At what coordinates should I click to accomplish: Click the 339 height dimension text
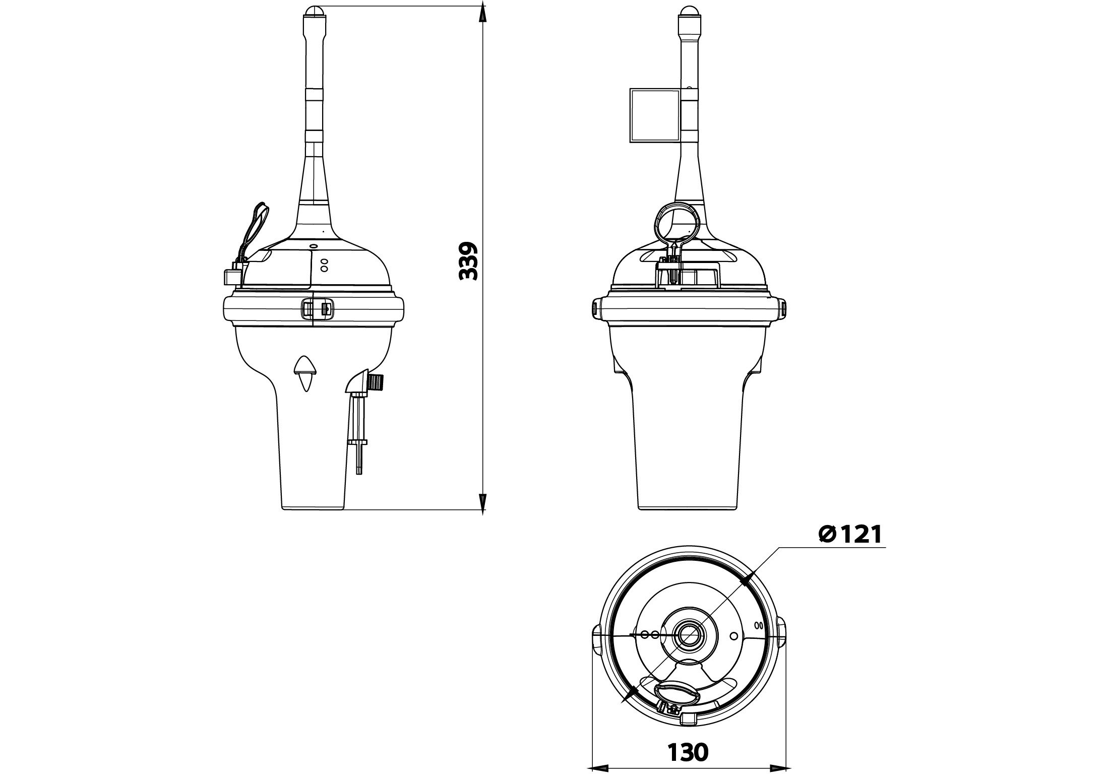(x=468, y=261)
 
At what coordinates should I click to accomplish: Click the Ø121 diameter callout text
(x=850, y=534)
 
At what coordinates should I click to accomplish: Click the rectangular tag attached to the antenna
(x=655, y=115)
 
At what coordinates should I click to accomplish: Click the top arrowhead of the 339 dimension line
(x=482, y=13)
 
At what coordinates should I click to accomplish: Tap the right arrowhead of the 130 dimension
(x=779, y=754)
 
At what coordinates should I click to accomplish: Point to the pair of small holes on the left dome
(x=324, y=265)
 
